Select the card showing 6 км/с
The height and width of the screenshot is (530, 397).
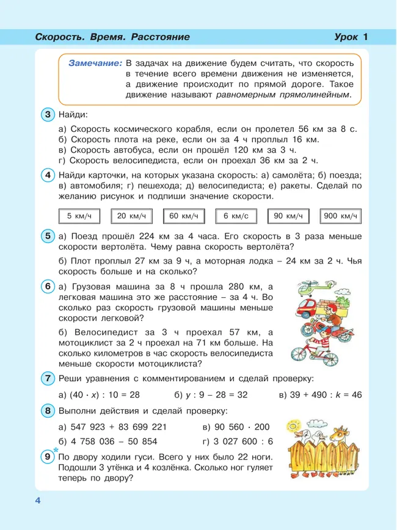tap(235, 216)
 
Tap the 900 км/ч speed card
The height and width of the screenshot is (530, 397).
tap(340, 216)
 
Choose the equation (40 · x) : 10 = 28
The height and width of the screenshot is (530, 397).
tap(99, 395)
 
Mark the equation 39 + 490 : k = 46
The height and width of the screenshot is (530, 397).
tap(319, 395)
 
